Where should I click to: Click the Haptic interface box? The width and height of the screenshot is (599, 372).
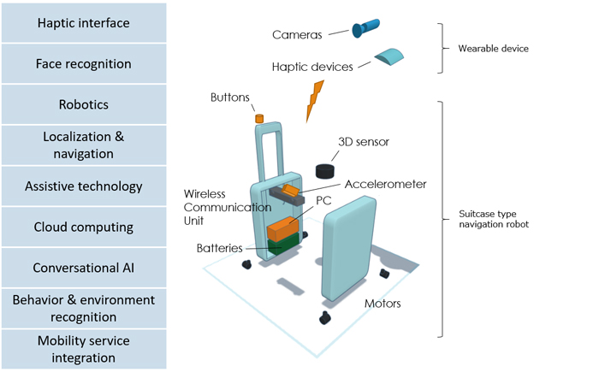[84, 23]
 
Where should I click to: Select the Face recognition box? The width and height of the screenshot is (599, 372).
[84, 64]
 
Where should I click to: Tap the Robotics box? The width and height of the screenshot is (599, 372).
[84, 104]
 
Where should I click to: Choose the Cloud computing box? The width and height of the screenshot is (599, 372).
[84, 227]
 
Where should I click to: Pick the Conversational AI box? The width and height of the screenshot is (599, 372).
[84, 268]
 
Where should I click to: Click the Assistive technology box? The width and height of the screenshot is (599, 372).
[84, 186]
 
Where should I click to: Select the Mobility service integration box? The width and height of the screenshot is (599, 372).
[84, 349]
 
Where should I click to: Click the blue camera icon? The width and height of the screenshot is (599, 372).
[365, 28]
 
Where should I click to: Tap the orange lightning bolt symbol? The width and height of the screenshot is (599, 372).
[314, 101]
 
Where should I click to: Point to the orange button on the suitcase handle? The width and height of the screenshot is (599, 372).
[259, 118]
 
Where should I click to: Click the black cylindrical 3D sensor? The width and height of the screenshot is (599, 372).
[324, 171]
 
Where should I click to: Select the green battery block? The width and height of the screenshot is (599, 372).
[283, 244]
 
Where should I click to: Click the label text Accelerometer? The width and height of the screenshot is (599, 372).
[385, 184]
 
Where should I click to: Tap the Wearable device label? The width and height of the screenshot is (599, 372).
[493, 49]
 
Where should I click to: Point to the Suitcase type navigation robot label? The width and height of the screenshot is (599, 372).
[494, 219]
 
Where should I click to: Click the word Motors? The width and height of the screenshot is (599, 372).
[383, 304]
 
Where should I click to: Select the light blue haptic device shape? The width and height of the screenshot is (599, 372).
[388, 56]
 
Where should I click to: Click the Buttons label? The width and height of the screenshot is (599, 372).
[229, 97]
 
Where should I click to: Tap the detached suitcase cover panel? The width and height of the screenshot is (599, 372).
[349, 248]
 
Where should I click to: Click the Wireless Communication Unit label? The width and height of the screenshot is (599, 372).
[228, 208]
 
